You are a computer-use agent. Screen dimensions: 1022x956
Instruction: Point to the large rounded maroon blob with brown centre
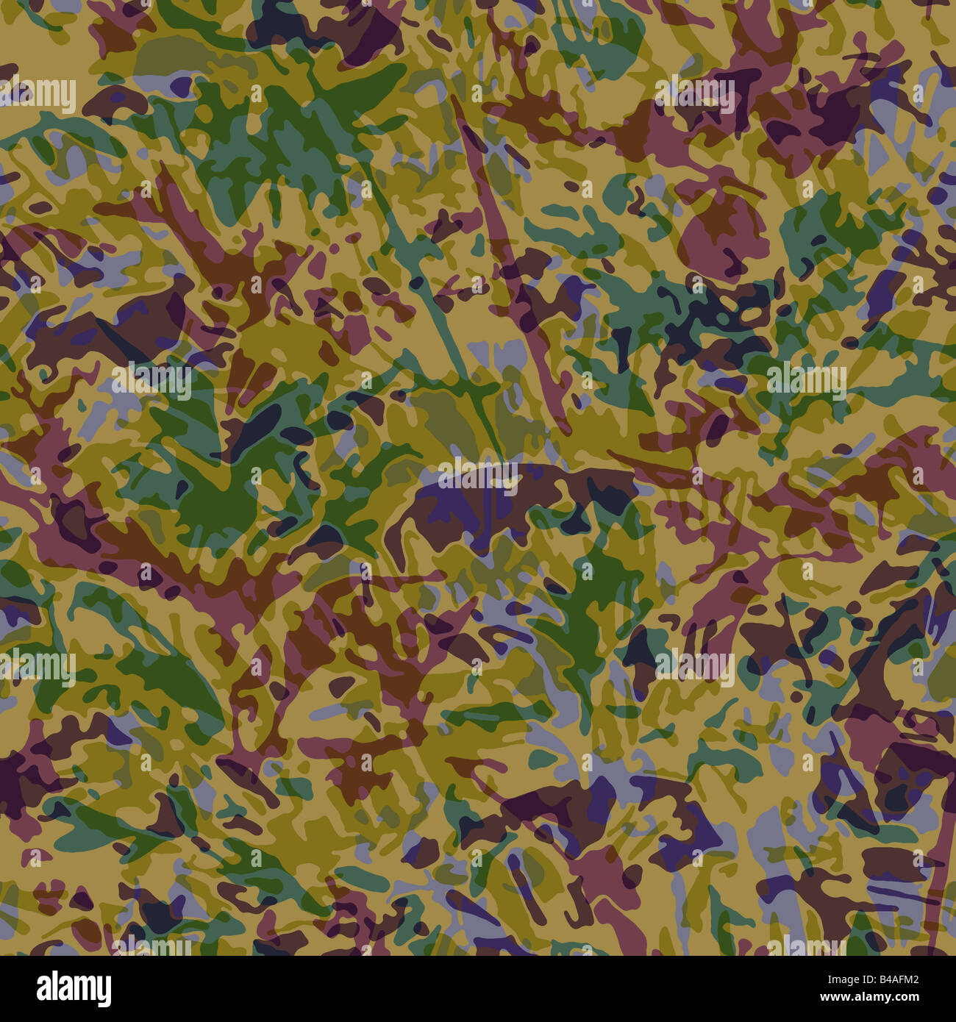[717, 228]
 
